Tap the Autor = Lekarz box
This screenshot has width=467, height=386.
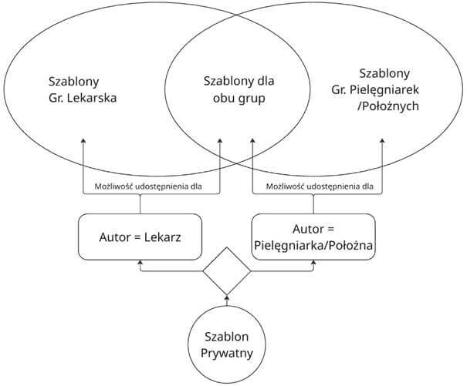[x=140, y=237]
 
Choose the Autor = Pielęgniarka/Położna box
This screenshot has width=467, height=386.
[x=314, y=237]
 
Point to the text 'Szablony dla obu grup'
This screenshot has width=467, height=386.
[x=238, y=89]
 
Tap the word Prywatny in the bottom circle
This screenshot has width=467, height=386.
[x=227, y=355]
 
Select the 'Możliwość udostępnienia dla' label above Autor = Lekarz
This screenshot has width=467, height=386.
[x=140, y=186]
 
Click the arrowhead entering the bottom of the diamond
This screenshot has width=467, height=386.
[x=227, y=297]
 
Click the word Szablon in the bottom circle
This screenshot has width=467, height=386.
[x=227, y=337]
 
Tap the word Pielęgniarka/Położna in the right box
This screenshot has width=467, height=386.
[x=314, y=244]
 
